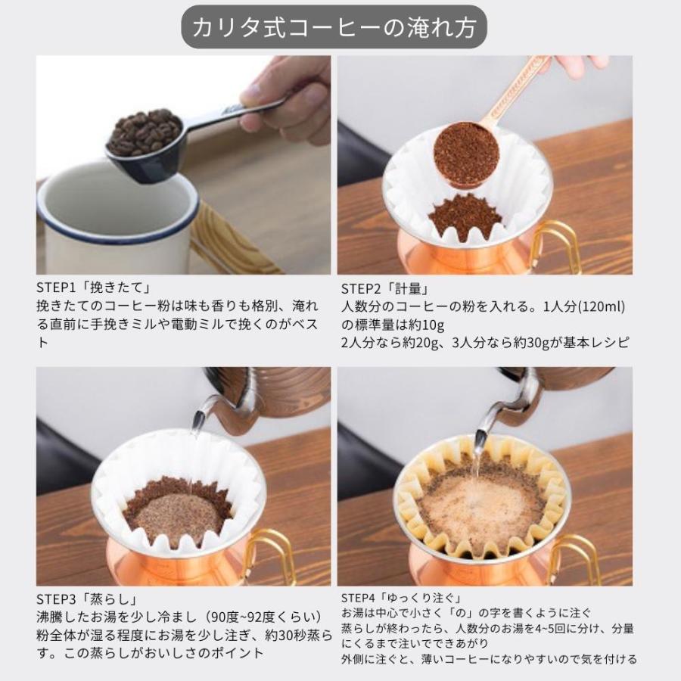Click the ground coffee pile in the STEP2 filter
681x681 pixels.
tap(465, 216)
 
